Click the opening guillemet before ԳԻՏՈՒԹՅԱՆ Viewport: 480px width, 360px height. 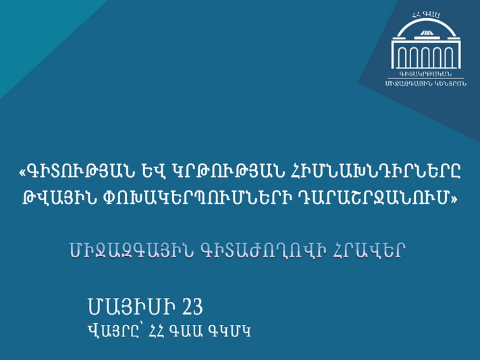coord(23,173)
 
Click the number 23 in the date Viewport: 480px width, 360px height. coord(193,307)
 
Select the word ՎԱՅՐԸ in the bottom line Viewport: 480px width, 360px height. coord(115,331)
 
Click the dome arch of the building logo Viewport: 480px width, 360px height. coord(426,20)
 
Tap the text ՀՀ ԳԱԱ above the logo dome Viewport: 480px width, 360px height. coord(426,14)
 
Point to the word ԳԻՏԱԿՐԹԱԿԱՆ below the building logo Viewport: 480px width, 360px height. coord(425,74)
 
